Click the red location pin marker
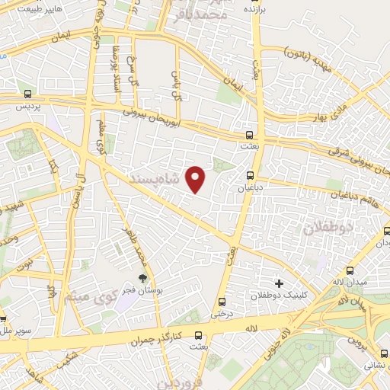click(197, 180)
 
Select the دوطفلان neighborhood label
click(328, 226)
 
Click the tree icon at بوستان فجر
click(141, 279)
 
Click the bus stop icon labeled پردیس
click(27, 95)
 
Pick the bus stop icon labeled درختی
click(222, 301)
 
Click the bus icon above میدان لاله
click(350, 270)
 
